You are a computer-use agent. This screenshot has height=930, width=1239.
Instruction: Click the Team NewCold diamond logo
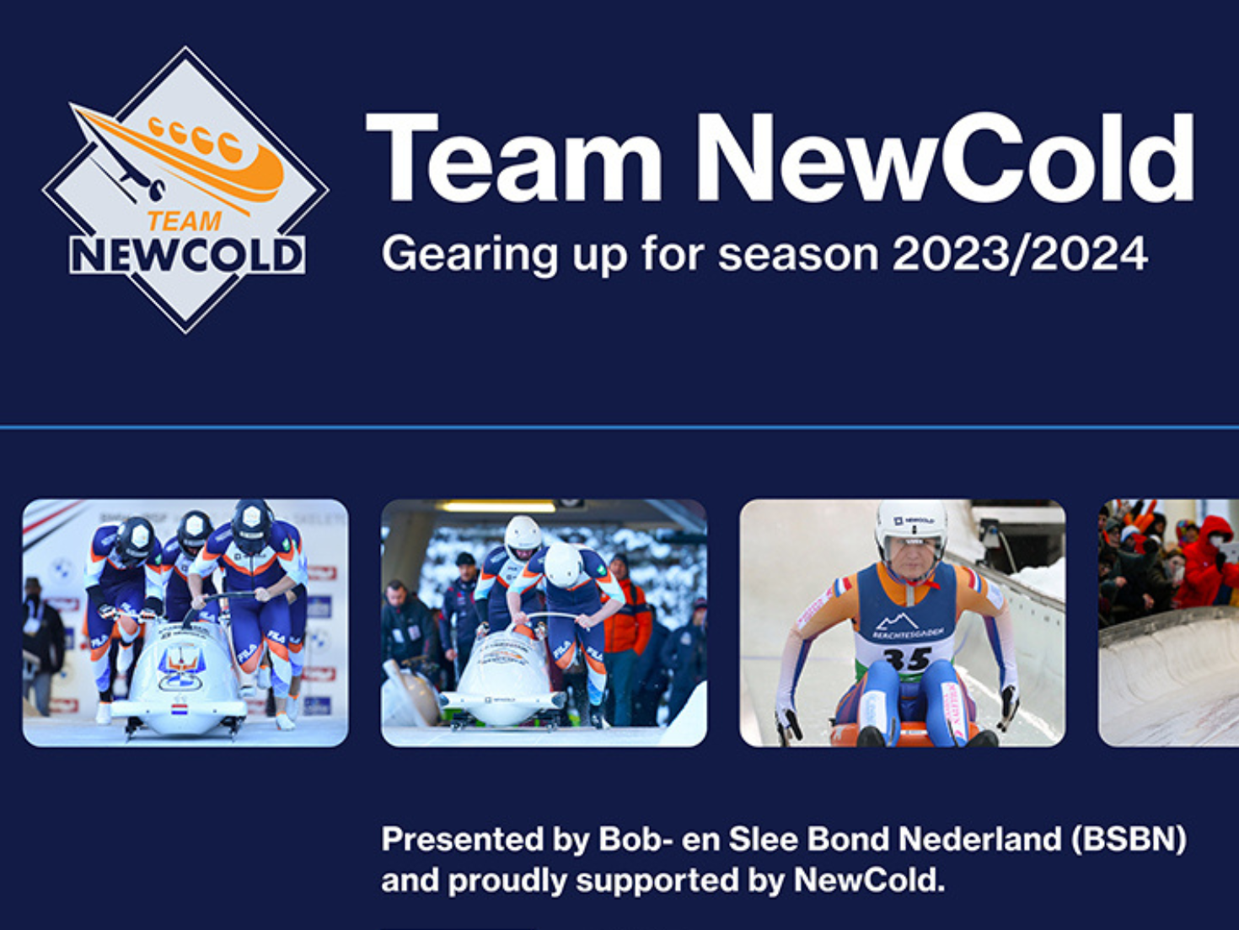point(185,190)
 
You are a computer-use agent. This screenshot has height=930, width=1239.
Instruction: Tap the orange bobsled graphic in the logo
point(202,152)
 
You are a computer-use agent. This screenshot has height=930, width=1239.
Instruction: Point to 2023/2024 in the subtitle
point(1020,254)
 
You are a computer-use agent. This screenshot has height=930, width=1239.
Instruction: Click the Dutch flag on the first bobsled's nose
point(180,709)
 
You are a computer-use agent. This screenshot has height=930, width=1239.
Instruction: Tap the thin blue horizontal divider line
point(619,427)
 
